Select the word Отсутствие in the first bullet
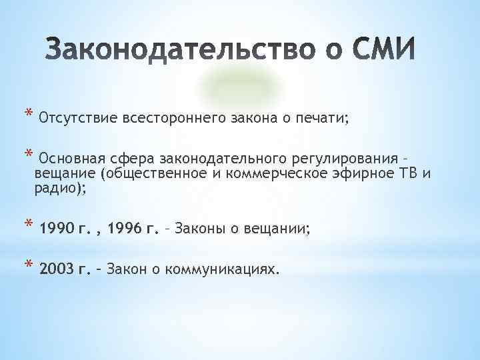(78, 119)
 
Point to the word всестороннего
(175, 119)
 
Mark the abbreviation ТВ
(407, 175)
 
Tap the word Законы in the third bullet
(197, 229)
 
